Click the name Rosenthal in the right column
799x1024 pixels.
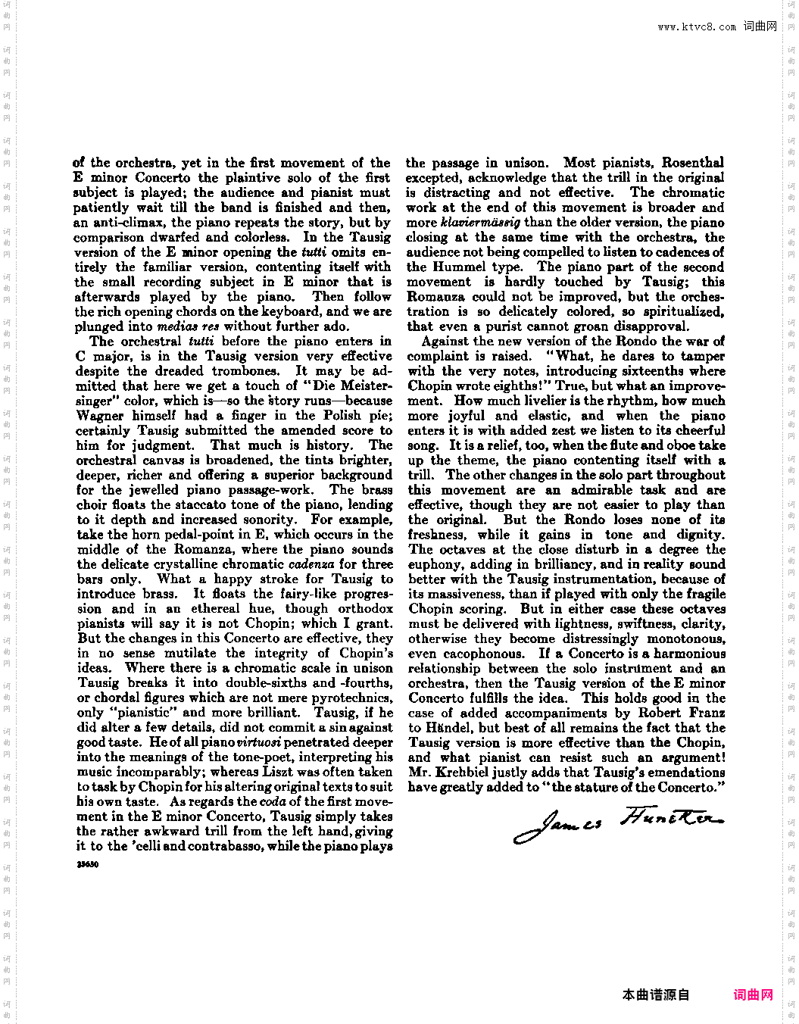[x=692, y=163]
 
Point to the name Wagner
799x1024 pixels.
[x=101, y=416]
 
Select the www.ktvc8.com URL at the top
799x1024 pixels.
[x=697, y=27]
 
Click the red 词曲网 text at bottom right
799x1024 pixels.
[x=753, y=994]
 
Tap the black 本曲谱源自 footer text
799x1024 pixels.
[x=656, y=994]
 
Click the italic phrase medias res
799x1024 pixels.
[x=187, y=327]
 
